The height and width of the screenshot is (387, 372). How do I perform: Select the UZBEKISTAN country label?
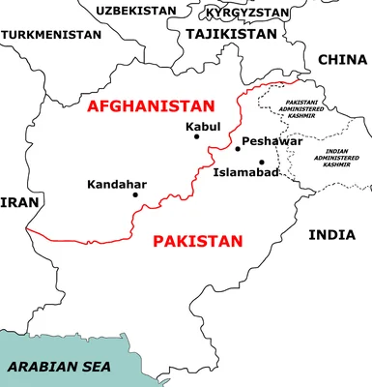136,11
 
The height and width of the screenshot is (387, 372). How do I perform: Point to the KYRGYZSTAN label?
247,13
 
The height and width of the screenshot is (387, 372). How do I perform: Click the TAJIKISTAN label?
231,33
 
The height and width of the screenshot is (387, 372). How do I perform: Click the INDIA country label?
331,235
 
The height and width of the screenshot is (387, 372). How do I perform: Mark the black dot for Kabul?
197,136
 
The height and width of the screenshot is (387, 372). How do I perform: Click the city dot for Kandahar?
135,194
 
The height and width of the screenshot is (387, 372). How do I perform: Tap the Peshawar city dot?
238,148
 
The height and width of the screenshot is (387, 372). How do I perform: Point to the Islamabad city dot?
261,162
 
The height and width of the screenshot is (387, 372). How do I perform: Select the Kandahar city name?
117,183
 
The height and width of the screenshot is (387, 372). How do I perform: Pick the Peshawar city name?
272,141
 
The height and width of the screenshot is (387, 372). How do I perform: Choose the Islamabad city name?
245,173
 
